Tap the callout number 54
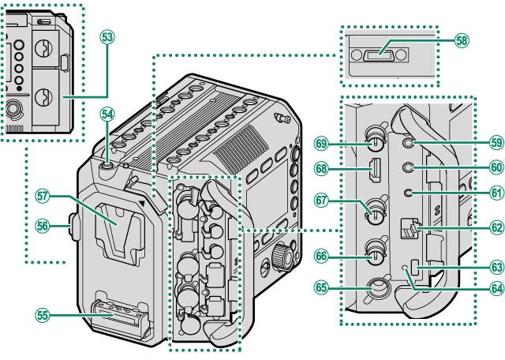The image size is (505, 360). [x=107, y=114]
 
